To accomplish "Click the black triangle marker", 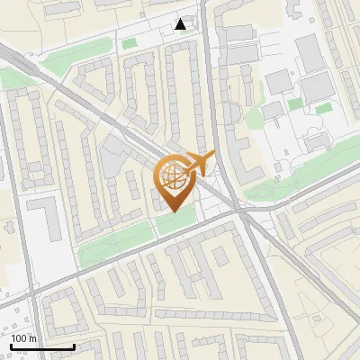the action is pyautogui.click(x=182, y=24).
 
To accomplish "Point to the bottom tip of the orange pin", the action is pyautogui.click(x=171, y=211).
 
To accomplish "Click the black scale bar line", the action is pyautogui.click(x=42, y=346).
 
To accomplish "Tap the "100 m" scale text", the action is pyautogui.click(x=24, y=338).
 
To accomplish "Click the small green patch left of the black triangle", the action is pyautogui.click(x=130, y=42).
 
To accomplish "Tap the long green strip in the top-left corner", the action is pyautogui.click(x=67, y=61).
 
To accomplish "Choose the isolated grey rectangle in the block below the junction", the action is pyautogui.click(x=219, y=256).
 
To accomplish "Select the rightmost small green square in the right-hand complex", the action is pyautogui.click(x=323, y=109).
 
